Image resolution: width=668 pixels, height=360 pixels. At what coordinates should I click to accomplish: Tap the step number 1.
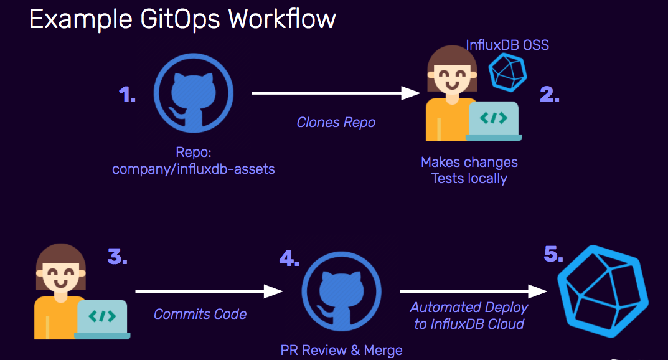128,95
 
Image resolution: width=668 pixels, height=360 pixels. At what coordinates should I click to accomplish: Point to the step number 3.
117,257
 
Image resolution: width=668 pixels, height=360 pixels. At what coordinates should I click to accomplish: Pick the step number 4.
289,257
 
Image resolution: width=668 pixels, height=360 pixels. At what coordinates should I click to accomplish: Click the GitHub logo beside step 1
192,93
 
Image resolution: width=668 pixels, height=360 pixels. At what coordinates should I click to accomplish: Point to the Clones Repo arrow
337,93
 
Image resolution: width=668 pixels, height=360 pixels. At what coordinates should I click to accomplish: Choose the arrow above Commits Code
209,291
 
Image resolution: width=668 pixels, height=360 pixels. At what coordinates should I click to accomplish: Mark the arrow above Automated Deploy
474,291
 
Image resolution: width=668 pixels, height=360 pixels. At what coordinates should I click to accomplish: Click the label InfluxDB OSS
507,45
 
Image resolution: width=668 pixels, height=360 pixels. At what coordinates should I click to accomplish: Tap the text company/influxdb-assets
193,169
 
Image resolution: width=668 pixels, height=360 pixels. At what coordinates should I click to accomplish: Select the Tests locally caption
469,179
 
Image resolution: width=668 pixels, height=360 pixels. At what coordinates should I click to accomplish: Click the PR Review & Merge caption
341,350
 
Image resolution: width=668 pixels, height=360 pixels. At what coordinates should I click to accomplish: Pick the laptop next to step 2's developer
494,120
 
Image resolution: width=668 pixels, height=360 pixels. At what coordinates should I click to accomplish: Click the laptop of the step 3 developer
102,318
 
